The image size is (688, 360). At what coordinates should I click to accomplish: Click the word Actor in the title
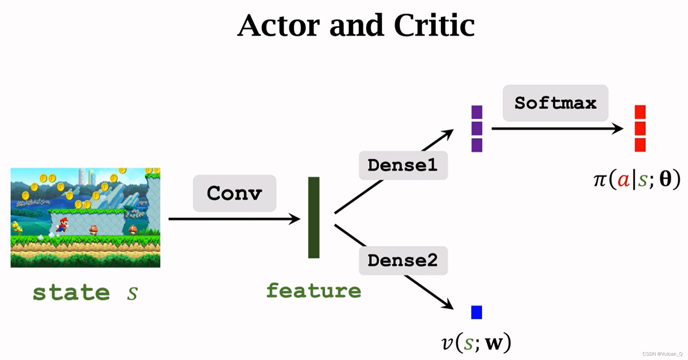[x=278, y=26]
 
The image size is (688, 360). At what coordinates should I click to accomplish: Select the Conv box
[x=235, y=193]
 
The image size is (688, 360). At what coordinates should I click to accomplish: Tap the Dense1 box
[x=403, y=165]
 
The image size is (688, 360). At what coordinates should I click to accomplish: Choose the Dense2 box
[x=403, y=261]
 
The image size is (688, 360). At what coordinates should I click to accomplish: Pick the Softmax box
[x=555, y=103]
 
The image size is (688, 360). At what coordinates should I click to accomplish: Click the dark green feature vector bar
[x=314, y=218]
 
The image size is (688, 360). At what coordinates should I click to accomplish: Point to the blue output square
[x=476, y=313]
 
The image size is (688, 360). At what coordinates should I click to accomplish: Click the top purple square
[x=477, y=112]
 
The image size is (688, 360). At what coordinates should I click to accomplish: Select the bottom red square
[x=640, y=145]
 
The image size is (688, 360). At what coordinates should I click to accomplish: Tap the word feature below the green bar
[x=313, y=291]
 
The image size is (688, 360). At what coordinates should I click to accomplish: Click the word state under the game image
[x=71, y=293]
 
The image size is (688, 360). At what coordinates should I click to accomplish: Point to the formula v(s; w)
[x=476, y=343]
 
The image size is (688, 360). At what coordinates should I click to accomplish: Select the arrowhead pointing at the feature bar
[x=295, y=219]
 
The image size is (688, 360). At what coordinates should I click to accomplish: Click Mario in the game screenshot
[x=62, y=224]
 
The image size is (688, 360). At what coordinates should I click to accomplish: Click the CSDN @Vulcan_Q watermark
[x=662, y=354]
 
